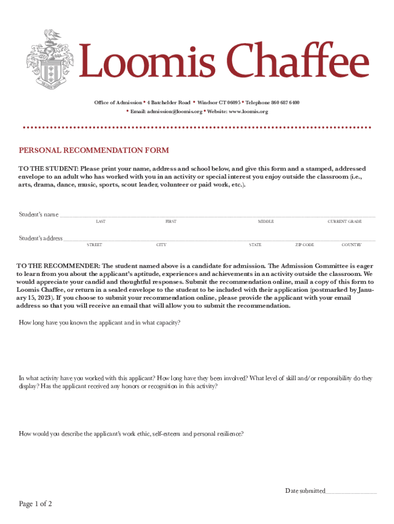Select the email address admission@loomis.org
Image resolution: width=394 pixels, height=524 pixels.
pos(173,112)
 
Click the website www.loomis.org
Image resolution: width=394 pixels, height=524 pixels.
pos(248,112)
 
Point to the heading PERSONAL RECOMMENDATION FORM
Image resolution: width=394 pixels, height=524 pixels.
pos(94,150)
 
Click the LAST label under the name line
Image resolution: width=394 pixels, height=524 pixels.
pos(101,222)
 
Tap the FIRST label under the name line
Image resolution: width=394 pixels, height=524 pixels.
pos(170,222)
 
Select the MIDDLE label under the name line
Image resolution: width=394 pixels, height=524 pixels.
pos(266,222)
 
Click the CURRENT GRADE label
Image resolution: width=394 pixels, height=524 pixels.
pos(344,222)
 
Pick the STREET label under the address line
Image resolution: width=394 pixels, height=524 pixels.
pos(94,245)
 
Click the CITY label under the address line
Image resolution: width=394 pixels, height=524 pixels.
pos(161,245)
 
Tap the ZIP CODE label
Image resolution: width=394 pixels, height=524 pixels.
pos(304,245)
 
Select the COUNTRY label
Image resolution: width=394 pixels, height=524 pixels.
pos(352,245)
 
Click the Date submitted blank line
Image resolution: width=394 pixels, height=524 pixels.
pos(351,491)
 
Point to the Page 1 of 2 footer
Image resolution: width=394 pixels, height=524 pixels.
pos(35,504)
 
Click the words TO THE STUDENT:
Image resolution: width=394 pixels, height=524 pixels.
pos(49,168)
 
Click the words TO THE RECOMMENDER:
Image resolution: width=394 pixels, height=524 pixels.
pos(58,266)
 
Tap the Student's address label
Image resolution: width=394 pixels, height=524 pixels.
pos(40,238)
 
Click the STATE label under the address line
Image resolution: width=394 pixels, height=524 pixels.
pos(255,245)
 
